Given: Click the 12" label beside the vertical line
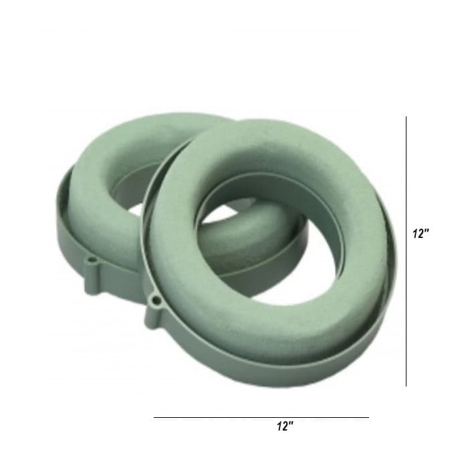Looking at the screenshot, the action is pos(421,233).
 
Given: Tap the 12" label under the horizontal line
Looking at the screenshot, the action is pos(285,426).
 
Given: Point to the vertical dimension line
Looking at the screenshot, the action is pos(406,251).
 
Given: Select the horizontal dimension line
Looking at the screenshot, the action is pos(261,417).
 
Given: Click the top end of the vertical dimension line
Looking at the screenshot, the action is pos(406,116).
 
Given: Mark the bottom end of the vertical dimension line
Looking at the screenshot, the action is pos(406,386).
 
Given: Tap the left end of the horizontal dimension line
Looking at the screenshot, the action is pos(154,417).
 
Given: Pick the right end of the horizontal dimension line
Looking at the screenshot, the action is pos(368,417).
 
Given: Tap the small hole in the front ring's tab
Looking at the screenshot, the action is pos(156,301).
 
